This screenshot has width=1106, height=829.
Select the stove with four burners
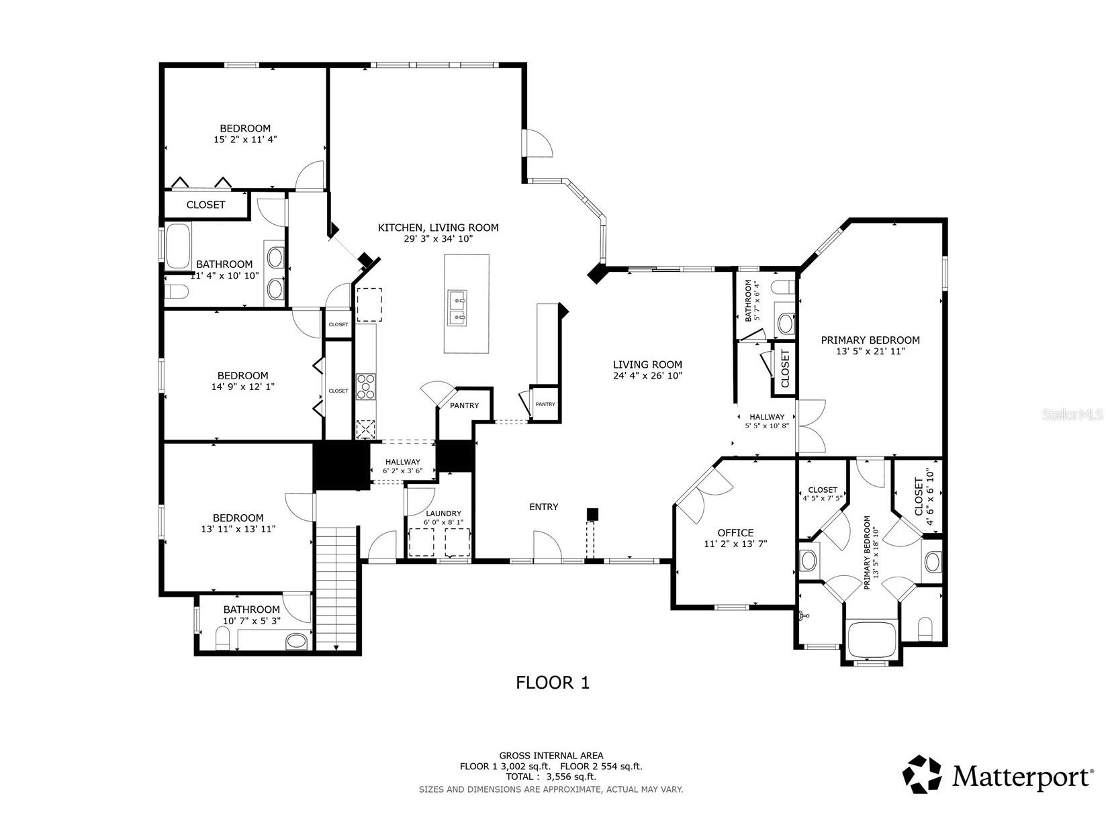[366, 386]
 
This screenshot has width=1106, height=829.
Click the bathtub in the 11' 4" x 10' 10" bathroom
[178, 246]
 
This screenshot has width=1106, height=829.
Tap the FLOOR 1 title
[552, 683]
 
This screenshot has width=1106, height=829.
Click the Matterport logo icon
[923, 775]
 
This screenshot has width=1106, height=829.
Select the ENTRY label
[543, 507]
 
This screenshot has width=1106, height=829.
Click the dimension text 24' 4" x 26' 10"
[647, 376]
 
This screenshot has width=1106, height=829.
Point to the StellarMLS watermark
[1072, 415]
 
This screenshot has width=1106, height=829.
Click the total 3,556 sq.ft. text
[551, 777]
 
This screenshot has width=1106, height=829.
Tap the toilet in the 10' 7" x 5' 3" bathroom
[222, 642]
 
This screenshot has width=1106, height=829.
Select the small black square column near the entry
[592, 514]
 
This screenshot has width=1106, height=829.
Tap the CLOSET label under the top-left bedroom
[205, 205]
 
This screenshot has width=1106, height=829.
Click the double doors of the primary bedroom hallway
[811, 426]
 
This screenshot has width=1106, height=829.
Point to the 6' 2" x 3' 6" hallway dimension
[402, 471]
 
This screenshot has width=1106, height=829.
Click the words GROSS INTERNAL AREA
[551, 755]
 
